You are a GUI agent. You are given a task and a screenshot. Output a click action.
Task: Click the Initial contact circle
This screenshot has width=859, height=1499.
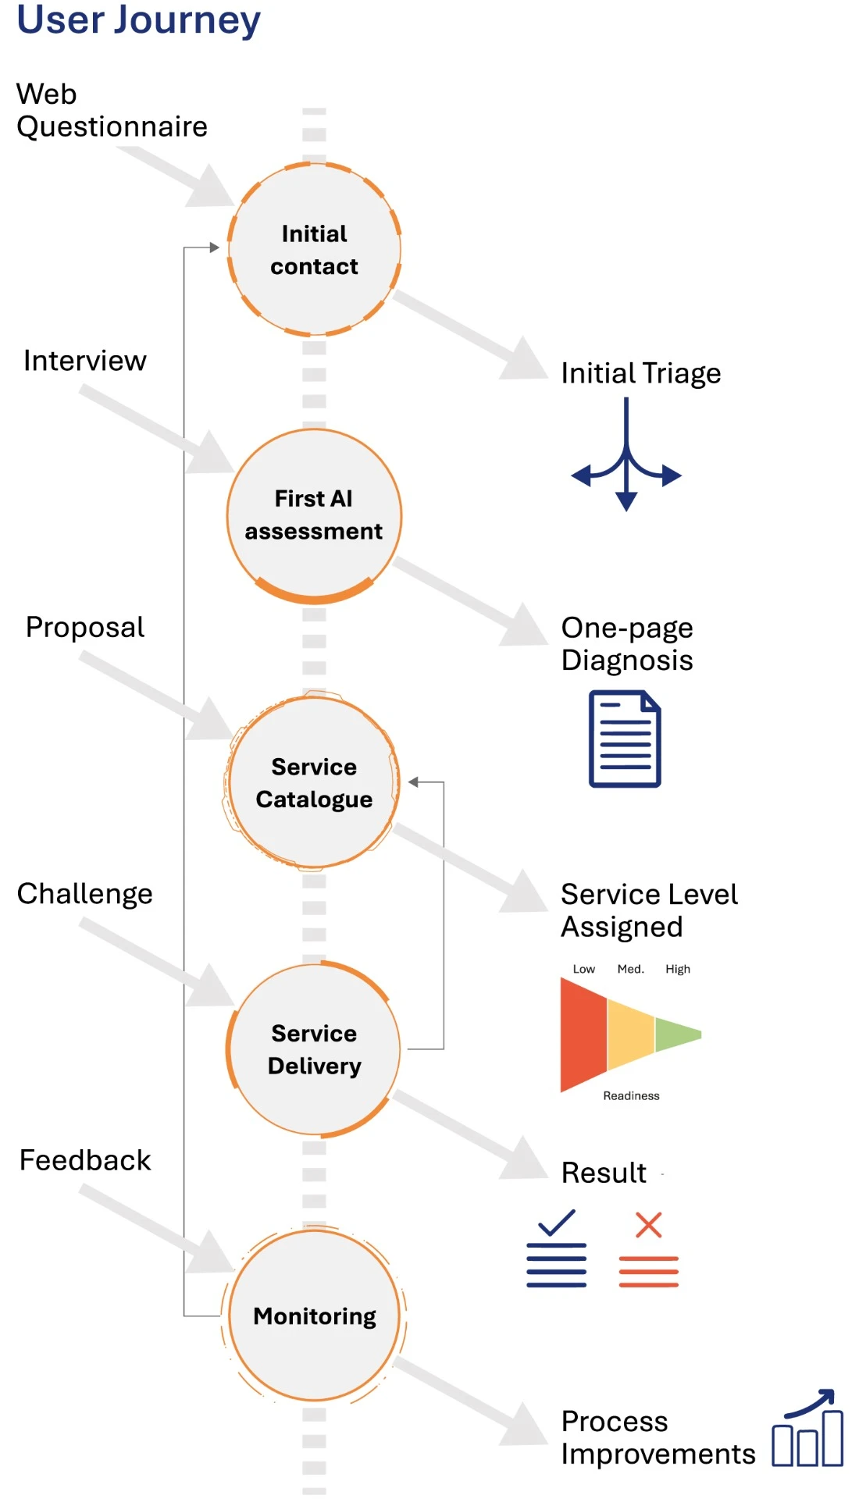[x=314, y=250]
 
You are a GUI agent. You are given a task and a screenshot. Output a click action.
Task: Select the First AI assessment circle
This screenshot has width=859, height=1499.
[x=314, y=515]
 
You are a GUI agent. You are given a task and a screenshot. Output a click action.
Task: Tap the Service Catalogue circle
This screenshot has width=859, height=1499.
[x=314, y=782]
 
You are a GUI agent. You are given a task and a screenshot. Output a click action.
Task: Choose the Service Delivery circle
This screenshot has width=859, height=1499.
[x=314, y=1049]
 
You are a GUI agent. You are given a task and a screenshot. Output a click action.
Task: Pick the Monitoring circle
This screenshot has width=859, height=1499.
[x=314, y=1316]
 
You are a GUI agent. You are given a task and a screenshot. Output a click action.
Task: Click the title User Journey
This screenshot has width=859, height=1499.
[x=138, y=20]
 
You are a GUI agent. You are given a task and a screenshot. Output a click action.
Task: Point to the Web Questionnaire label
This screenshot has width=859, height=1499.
[x=112, y=110]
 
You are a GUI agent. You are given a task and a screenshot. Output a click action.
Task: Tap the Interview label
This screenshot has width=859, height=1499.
[x=84, y=361]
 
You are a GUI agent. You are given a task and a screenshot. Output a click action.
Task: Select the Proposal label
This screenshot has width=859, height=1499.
[x=84, y=627]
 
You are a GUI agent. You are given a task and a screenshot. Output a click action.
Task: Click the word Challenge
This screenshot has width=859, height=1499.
[x=84, y=894]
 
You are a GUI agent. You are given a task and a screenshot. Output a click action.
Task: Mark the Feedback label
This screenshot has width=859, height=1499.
[x=84, y=1160]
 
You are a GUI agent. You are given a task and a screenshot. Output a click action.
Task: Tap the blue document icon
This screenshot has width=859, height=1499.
[x=625, y=739]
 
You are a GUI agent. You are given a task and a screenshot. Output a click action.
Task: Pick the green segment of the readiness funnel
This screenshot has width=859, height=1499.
[x=676, y=1034]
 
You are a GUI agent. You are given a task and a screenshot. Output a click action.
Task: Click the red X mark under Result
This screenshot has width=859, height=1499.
[x=649, y=1225]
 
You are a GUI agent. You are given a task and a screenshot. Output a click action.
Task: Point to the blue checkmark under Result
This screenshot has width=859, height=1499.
[x=557, y=1223]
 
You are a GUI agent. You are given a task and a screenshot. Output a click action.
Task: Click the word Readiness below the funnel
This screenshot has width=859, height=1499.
[x=631, y=1096]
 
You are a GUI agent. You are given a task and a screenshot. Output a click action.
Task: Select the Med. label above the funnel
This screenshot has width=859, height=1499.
[x=630, y=969]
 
